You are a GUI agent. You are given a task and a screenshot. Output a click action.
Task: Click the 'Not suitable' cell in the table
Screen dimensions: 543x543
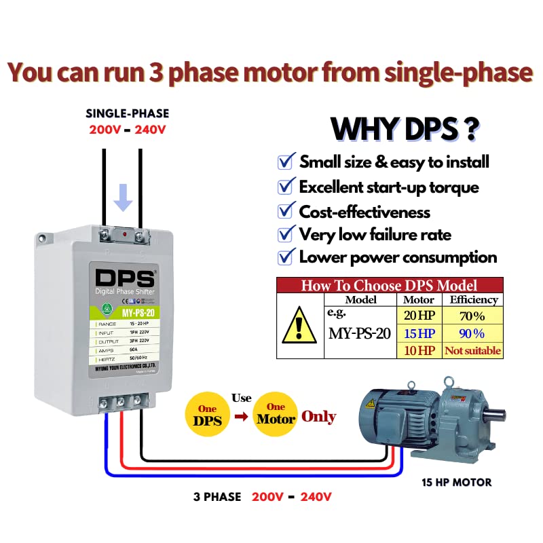coord(472,351)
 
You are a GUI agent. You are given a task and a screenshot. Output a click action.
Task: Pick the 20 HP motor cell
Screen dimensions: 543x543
coord(419,316)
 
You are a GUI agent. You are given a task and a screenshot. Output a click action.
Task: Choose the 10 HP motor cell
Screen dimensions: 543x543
coord(419,351)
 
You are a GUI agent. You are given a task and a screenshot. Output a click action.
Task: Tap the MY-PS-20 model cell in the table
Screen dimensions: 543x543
coord(360,333)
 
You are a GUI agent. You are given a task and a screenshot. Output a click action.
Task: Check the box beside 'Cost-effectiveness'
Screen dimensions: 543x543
coord(286,212)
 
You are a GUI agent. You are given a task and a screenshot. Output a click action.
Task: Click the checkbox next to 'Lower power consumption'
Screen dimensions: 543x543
coord(286,257)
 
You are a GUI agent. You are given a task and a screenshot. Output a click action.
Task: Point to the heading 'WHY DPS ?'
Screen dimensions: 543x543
coord(405,128)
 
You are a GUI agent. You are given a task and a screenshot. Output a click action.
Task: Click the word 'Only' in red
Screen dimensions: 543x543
coord(318,416)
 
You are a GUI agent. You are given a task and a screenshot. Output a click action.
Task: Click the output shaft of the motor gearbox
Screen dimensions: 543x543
coord(498,411)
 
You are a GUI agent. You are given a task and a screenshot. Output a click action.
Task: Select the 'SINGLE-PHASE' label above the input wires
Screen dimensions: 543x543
coord(128,113)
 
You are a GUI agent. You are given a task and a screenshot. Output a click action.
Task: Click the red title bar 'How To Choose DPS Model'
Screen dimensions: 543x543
coord(390,286)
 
